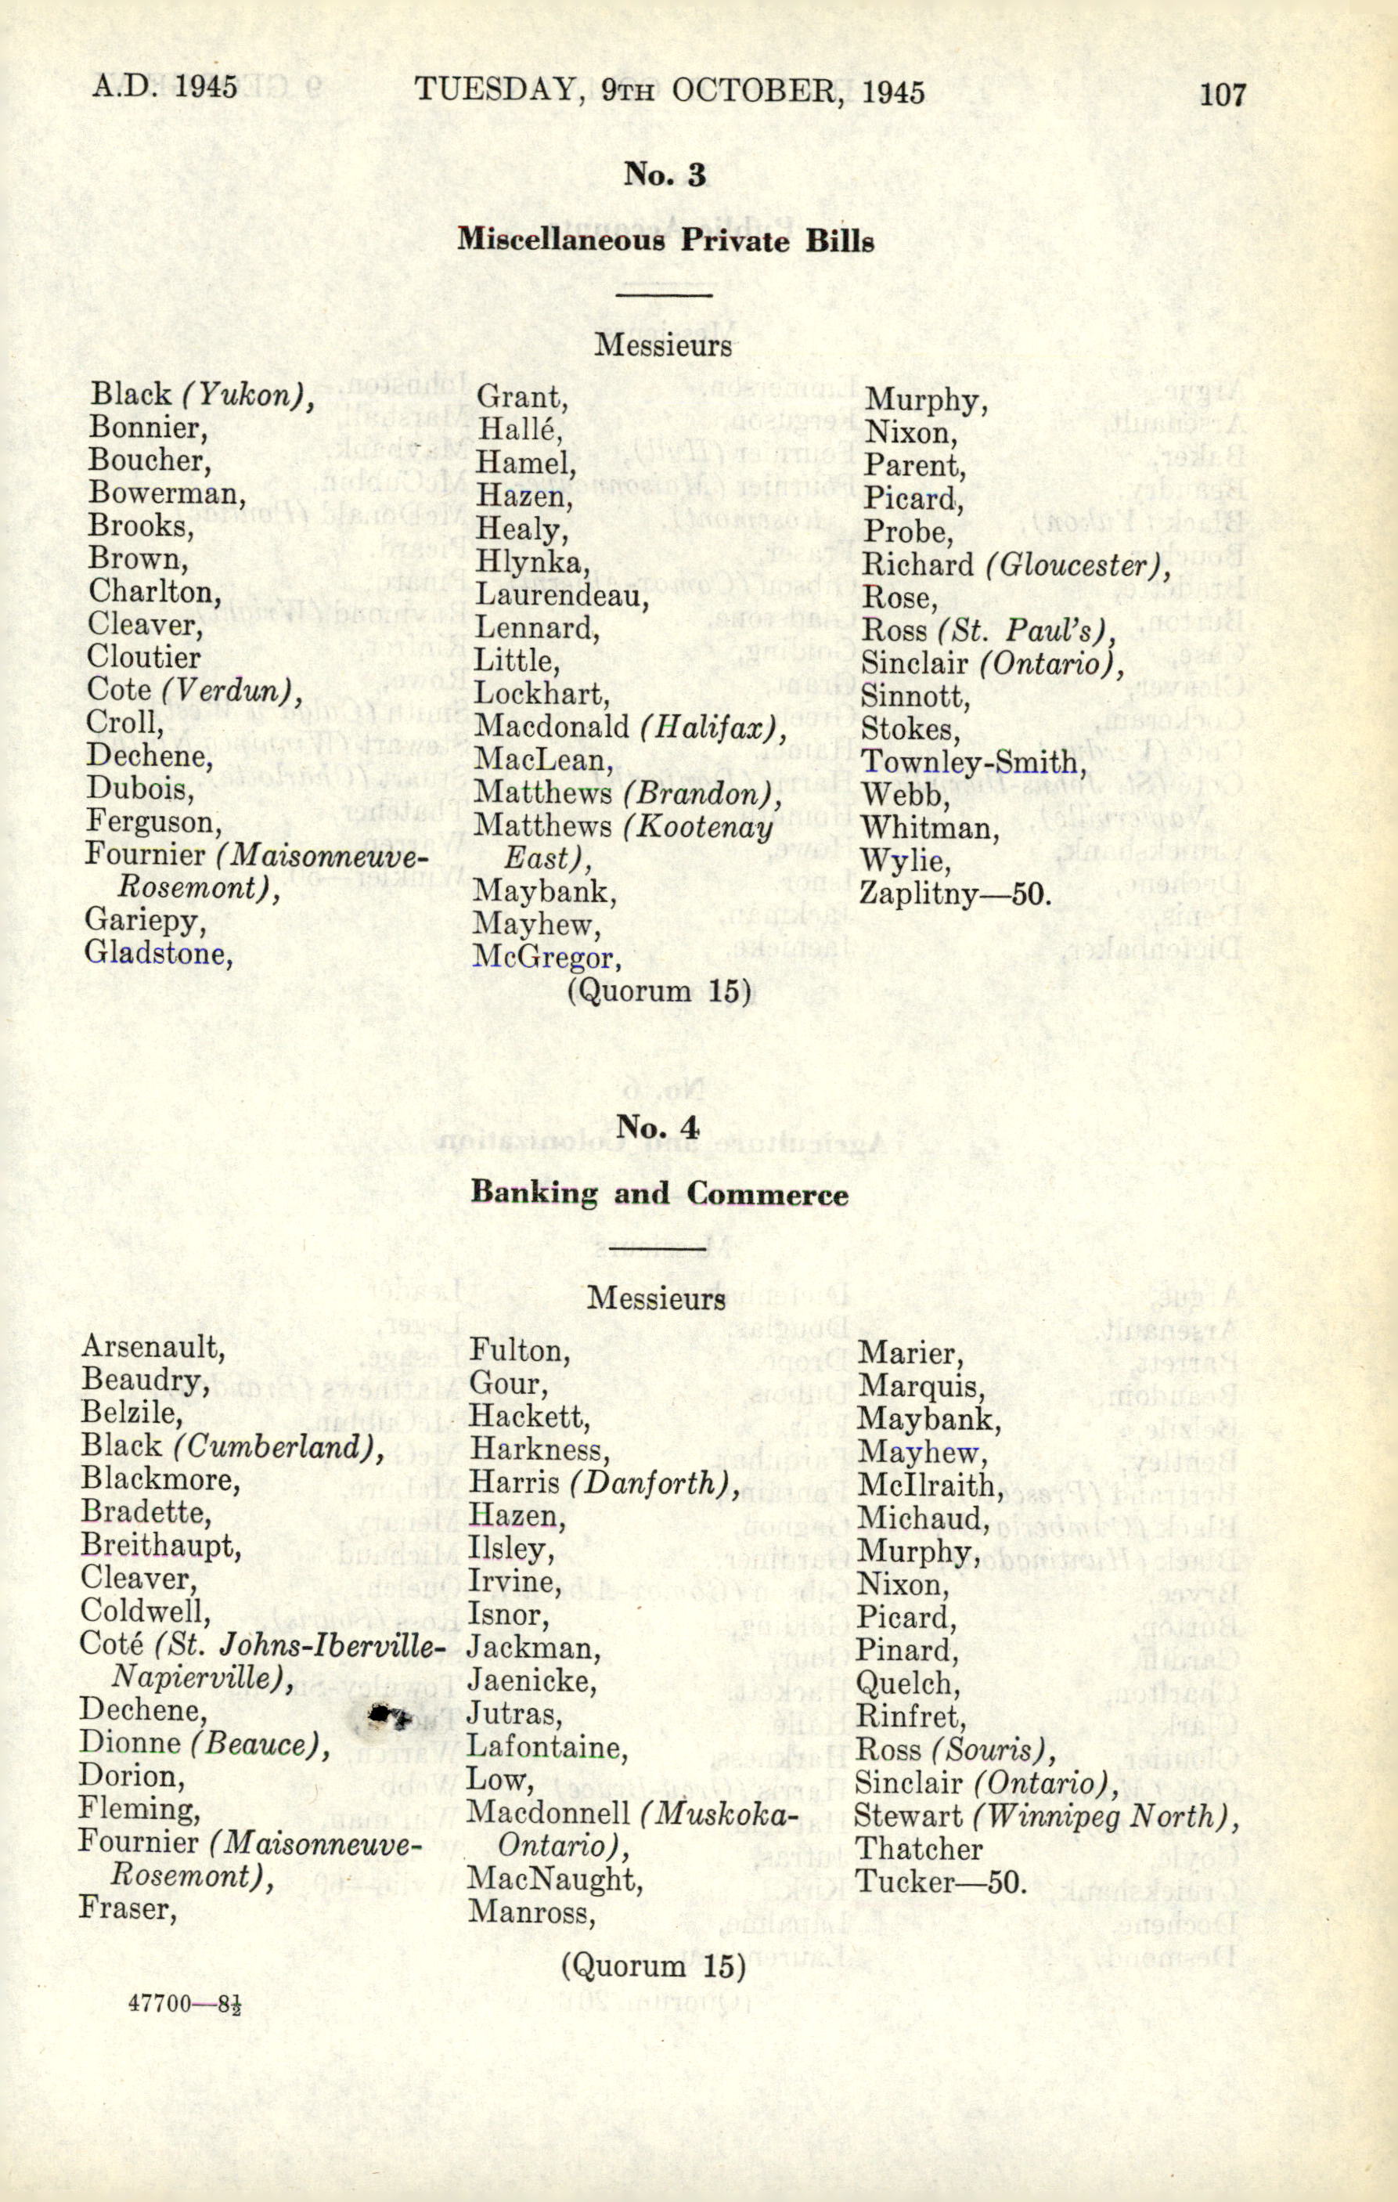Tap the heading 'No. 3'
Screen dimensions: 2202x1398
coord(665,174)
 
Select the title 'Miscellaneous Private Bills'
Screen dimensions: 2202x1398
coord(665,240)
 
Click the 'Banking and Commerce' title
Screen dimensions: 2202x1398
coord(658,1193)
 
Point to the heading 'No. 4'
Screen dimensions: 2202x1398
coord(658,1127)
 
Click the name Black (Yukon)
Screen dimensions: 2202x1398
coord(202,395)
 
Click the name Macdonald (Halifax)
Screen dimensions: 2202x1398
coord(631,727)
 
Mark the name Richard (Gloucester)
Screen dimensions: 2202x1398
coord(1015,565)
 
